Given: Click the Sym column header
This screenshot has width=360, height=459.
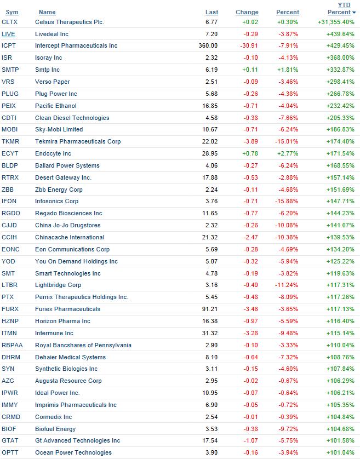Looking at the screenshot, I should (x=12, y=12).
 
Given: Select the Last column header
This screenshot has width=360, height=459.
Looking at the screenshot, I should (x=212, y=12).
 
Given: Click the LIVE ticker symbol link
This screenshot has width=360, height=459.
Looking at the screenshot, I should (x=9, y=34).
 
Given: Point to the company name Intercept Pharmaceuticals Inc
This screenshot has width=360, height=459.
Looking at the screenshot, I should (x=76, y=46).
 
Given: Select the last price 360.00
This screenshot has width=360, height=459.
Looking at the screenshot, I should (x=208, y=46).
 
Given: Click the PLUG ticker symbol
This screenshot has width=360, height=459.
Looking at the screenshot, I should (x=10, y=94).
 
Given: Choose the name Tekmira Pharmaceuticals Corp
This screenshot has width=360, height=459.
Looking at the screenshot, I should (x=78, y=141).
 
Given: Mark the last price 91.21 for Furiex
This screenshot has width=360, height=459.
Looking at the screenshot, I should (x=210, y=309).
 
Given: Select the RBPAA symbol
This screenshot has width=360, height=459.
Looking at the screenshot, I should (x=13, y=345).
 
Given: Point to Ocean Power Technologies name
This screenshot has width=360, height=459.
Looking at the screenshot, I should (x=73, y=452).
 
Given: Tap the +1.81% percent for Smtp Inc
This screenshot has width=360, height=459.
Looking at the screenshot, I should (x=289, y=70).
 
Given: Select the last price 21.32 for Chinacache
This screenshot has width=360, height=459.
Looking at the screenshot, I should (x=210, y=237).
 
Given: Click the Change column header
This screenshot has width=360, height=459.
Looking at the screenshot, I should (x=247, y=12).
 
